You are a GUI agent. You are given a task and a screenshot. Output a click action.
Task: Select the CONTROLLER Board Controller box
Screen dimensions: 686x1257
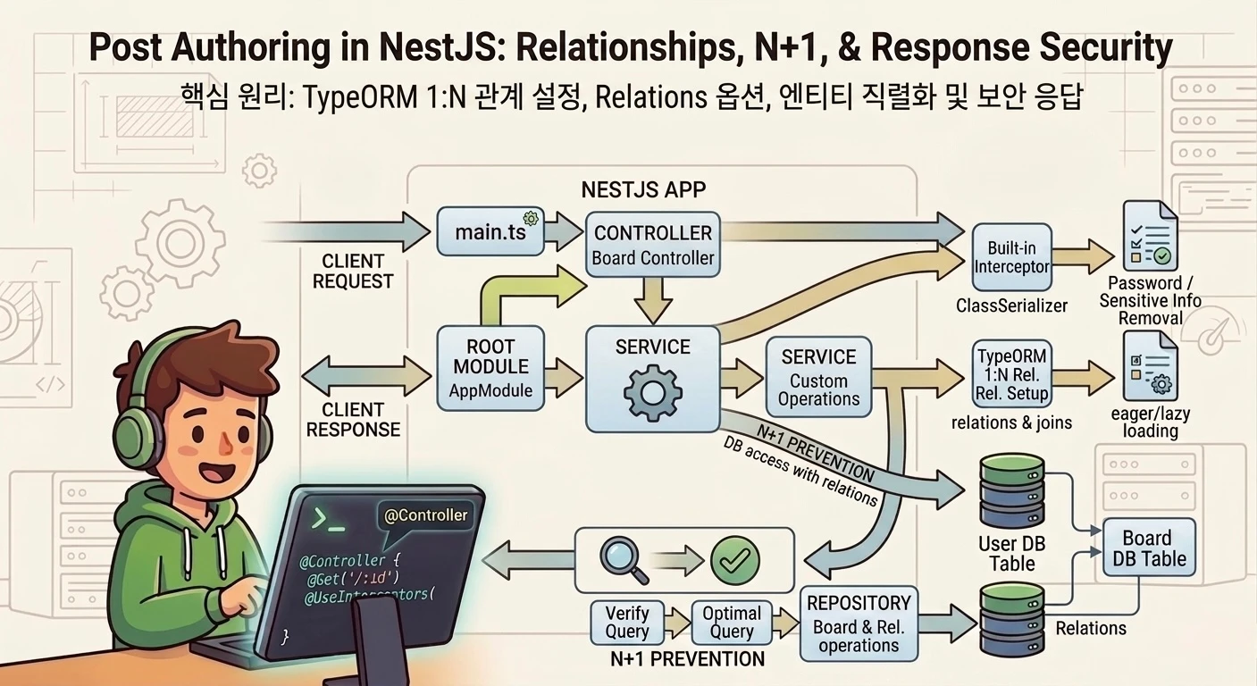pyautogui.click(x=653, y=244)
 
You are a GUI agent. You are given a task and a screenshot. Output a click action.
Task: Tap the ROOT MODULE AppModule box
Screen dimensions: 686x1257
pyautogui.click(x=490, y=367)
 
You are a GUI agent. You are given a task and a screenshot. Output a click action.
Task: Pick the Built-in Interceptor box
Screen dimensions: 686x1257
pyautogui.click(x=1011, y=256)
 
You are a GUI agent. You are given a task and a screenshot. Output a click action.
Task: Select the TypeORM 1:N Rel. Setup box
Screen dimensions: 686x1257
pyautogui.click(x=1011, y=374)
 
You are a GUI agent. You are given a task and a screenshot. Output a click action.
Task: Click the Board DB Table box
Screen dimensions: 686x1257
pyautogui.click(x=1146, y=548)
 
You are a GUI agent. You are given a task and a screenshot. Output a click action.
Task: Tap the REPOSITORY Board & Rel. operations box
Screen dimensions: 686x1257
pyautogui.click(x=858, y=623)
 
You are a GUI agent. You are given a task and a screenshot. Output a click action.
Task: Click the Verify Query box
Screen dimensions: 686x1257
pyautogui.click(x=627, y=622)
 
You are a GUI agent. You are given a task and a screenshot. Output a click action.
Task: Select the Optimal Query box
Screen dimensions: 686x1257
pyautogui.click(x=732, y=622)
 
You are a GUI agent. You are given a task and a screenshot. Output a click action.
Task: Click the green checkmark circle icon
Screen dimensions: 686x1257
pyautogui.click(x=734, y=560)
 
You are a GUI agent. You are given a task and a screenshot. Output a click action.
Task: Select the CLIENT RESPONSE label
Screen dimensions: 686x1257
pyautogui.click(x=353, y=420)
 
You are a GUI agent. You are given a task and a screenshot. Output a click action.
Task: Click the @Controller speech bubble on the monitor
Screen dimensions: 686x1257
pyautogui.click(x=425, y=517)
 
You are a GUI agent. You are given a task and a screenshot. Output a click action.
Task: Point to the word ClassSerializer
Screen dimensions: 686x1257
pyautogui.click(x=1011, y=306)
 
